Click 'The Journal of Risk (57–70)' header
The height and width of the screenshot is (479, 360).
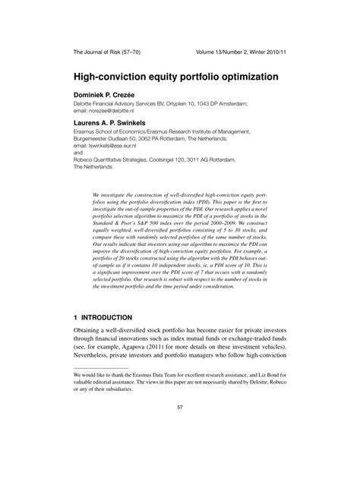point(106,53)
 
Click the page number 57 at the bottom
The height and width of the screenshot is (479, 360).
point(180,429)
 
